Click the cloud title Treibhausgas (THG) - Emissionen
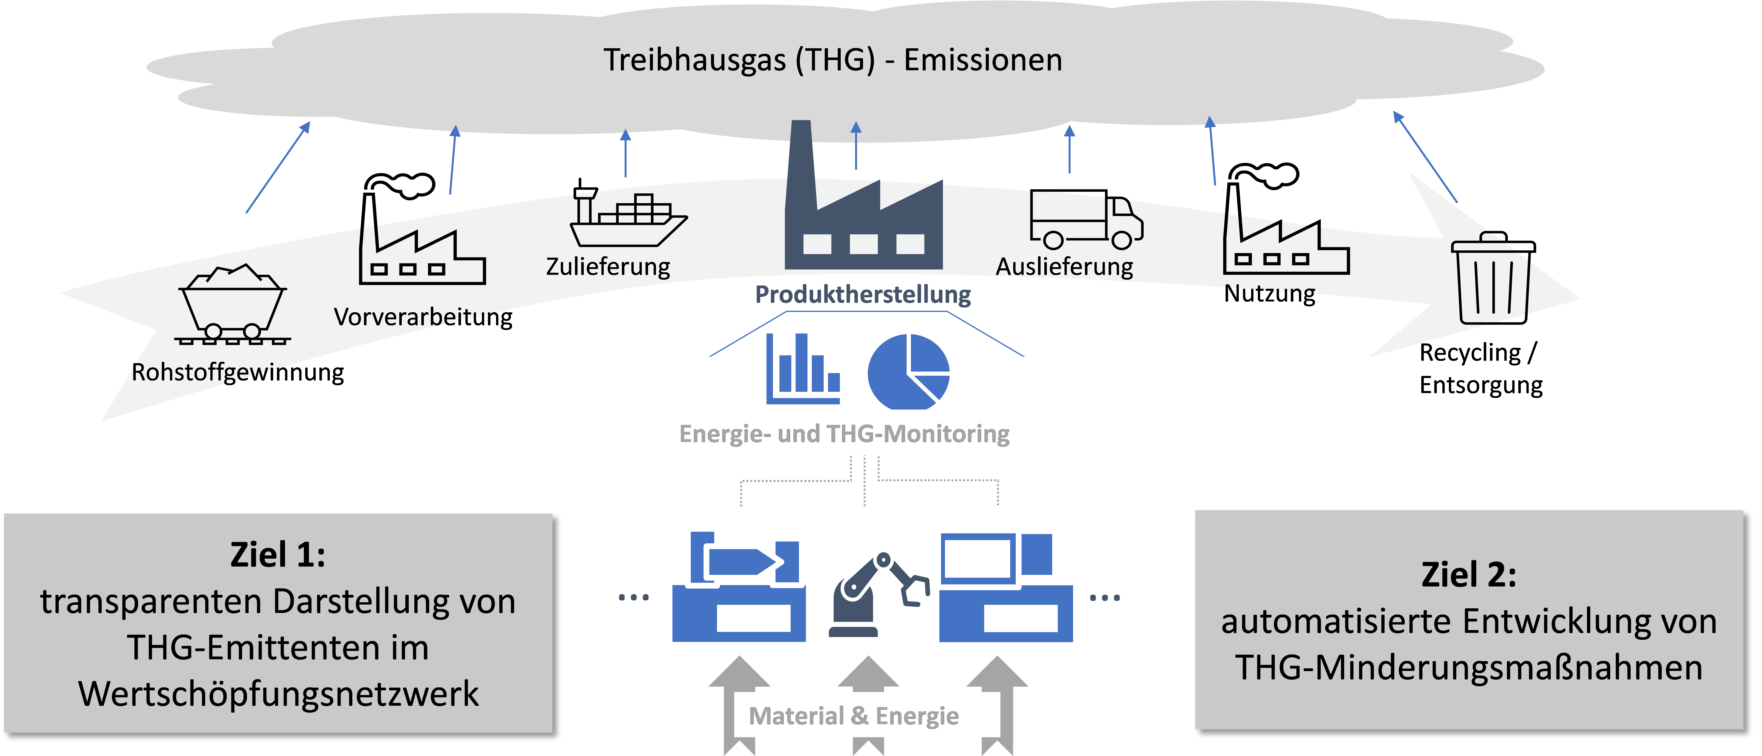coord(832,60)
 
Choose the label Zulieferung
coord(607,266)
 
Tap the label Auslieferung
coord(1064,267)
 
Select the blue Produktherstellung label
coord(863,295)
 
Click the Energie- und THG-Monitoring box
coord(868,433)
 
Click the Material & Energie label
coord(854,716)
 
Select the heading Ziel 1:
coord(278,554)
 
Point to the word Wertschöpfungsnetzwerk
coord(278,694)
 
